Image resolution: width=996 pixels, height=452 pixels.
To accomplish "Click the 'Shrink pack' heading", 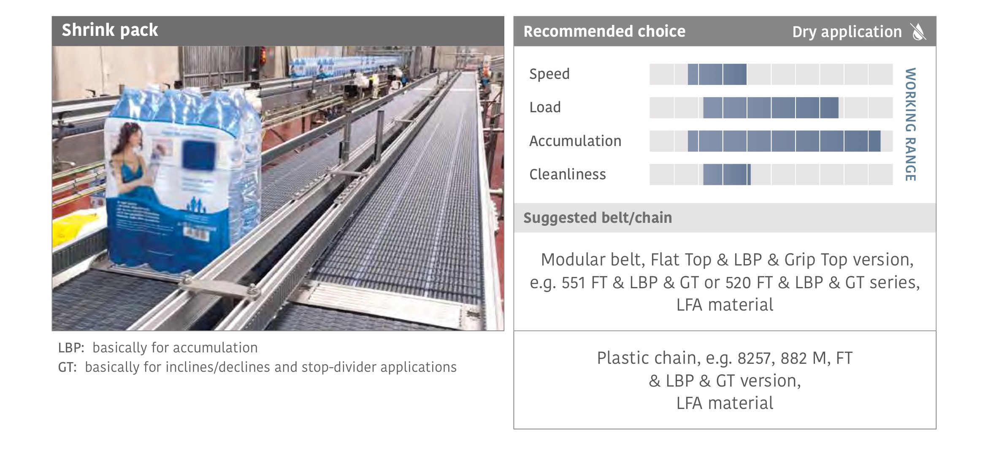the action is point(110,30).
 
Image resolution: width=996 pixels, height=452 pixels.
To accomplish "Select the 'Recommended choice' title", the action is point(604,31).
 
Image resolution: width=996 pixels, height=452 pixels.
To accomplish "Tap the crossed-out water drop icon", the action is point(918,32).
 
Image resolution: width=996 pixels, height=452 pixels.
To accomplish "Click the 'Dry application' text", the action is point(847,32).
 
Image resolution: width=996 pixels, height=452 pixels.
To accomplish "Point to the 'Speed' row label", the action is point(549,74).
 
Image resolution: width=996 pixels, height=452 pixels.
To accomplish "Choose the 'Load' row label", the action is point(545,107).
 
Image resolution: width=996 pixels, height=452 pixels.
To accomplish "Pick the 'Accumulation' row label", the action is point(575,141).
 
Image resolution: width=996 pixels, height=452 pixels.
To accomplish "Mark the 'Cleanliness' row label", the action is point(567,174).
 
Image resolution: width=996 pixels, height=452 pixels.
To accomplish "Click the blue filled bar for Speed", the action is point(717,74).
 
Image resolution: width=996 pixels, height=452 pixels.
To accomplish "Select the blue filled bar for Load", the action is point(771,108).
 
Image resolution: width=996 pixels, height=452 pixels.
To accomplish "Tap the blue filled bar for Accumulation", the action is point(784,141).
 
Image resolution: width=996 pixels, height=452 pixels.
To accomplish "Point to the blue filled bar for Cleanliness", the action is point(727,174).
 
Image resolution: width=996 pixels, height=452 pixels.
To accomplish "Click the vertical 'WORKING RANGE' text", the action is point(910,125).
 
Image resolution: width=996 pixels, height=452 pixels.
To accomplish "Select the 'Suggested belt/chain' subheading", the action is point(598,218).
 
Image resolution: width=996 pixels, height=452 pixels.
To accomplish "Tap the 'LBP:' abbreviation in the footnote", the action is point(71,348).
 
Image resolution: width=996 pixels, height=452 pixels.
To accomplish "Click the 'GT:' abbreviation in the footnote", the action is point(68,367).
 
